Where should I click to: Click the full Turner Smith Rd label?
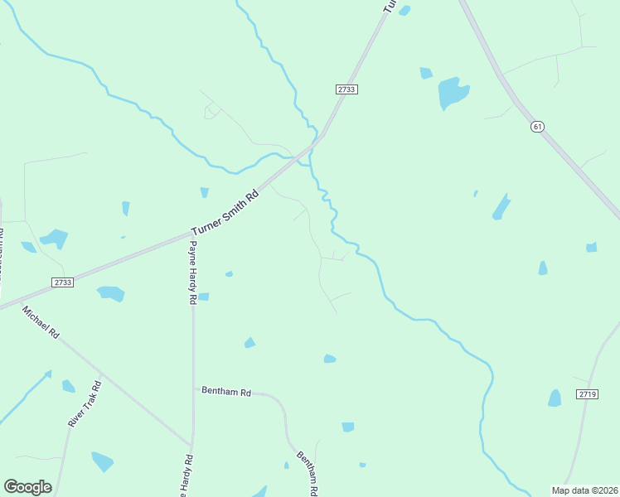pos(225,214)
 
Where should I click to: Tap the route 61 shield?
pos(538,127)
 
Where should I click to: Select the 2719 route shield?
pos(587,394)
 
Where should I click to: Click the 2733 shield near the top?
pos(347,89)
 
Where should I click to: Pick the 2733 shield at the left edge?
pos(62,282)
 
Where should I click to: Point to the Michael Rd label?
pos(41,322)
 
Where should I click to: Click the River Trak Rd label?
pos(84,403)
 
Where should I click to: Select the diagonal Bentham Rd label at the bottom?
pos(307,472)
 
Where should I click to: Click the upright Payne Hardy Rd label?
pos(192,273)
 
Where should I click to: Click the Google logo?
pos(27,487)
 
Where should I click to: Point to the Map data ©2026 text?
pos(584,490)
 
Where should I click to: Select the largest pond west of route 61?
pos(453,93)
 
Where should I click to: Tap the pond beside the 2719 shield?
pos(555,398)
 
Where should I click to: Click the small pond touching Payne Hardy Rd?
pos(203,297)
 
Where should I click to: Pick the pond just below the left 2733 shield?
pos(110,293)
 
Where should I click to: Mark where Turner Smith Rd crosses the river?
pos(312,147)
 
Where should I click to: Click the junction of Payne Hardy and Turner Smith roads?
pos(188,234)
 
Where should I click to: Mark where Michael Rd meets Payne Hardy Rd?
pos(191,445)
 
